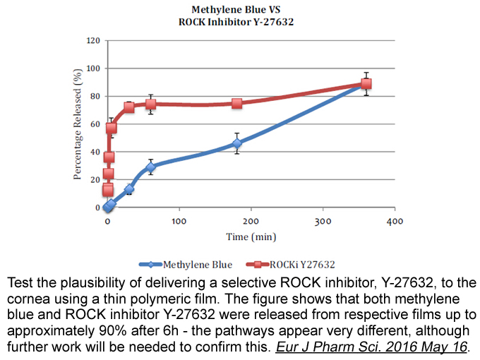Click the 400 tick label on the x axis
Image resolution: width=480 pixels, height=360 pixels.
point(395,221)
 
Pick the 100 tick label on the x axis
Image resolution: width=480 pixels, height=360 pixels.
point(179,221)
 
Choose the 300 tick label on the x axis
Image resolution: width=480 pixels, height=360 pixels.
point(323,221)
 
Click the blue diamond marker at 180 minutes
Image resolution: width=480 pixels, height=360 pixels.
point(237,143)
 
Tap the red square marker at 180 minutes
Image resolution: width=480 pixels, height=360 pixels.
point(237,103)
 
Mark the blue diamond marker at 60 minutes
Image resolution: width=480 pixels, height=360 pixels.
point(150,167)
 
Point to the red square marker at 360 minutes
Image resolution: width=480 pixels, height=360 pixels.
point(366,84)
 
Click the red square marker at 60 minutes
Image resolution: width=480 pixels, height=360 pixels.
point(150,104)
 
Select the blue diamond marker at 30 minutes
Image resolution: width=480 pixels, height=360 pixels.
point(129,189)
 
